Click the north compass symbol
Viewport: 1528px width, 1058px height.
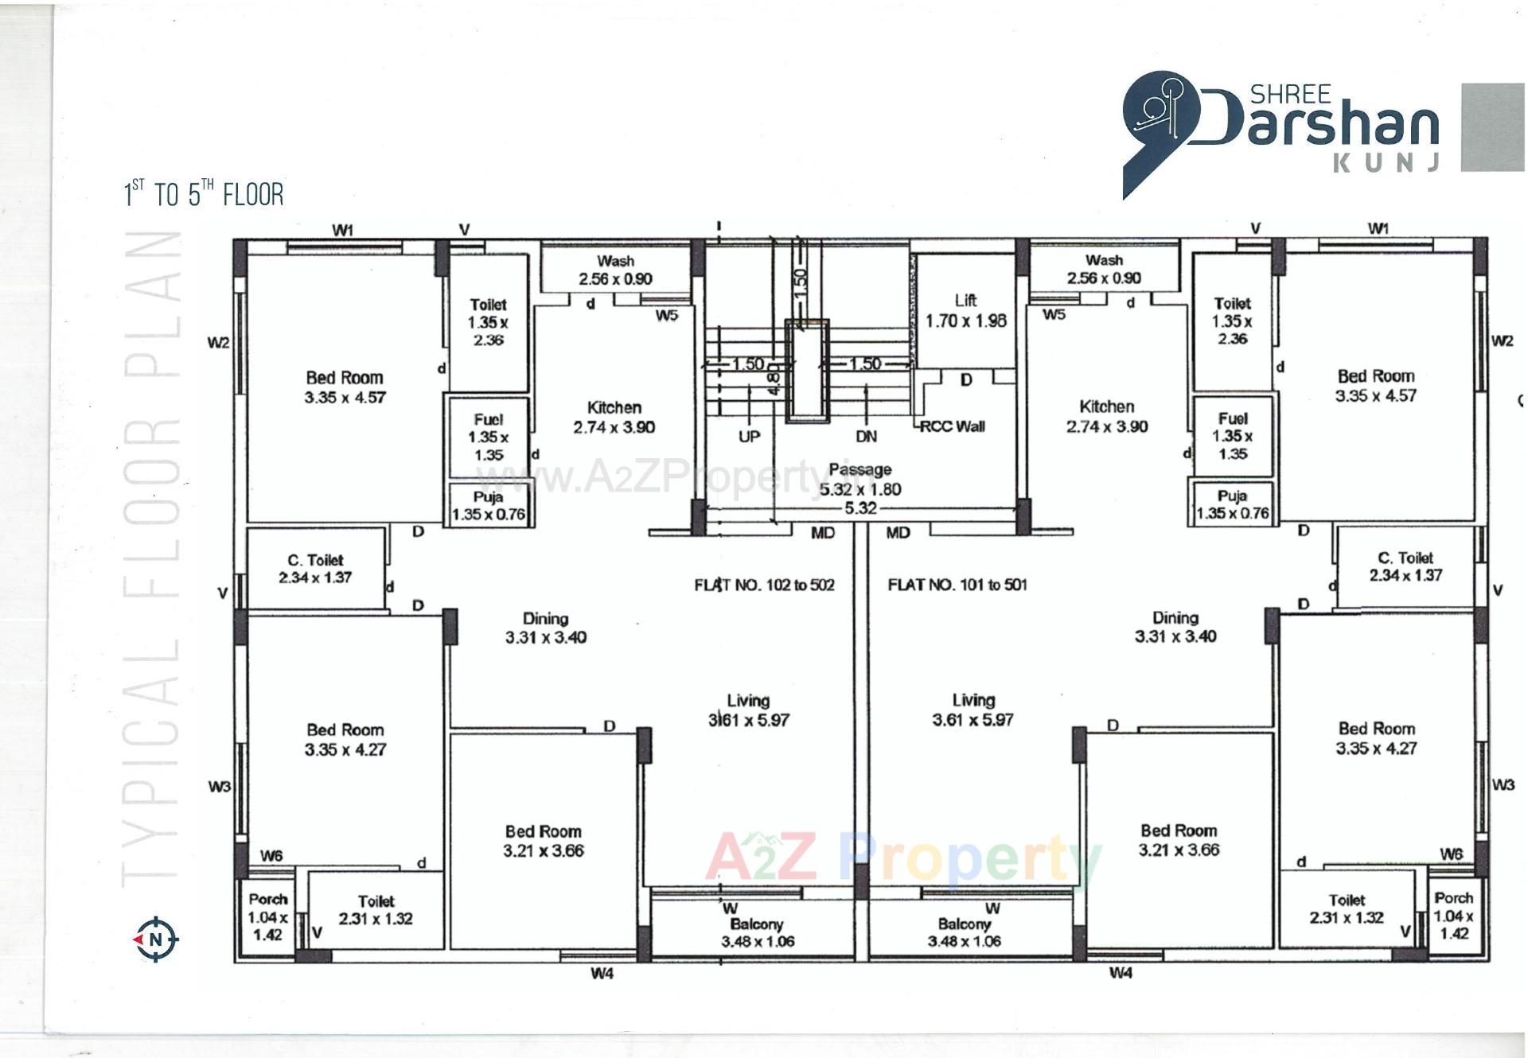click(156, 939)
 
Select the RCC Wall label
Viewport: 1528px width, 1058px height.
click(952, 426)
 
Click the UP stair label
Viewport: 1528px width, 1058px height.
click(749, 437)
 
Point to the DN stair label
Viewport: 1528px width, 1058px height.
click(866, 437)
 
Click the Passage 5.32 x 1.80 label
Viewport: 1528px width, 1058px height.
click(859, 480)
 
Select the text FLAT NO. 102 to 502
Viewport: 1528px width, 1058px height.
click(764, 585)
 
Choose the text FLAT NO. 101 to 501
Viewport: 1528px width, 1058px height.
click(957, 585)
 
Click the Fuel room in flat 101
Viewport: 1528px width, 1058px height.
click(1232, 436)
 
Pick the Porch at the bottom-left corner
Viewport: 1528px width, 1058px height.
click(267, 916)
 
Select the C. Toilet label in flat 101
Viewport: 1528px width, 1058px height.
click(1405, 566)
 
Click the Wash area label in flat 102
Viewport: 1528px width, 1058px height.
click(615, 270)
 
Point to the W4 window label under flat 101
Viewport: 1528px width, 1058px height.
click(1120, 973)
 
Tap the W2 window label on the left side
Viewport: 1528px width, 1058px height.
click(218, 343)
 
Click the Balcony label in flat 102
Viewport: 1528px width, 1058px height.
click(757, 932)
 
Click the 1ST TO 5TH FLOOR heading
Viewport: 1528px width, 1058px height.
click(204, 193)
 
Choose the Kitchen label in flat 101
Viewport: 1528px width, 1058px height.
click(1106, 416)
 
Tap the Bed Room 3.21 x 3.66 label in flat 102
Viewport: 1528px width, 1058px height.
click(543, 841)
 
